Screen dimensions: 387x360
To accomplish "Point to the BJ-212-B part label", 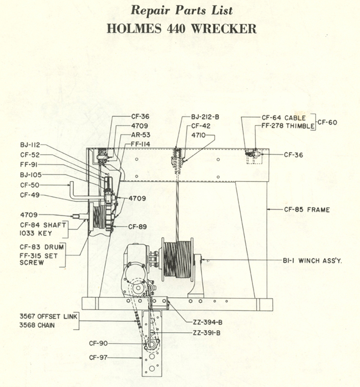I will (205, 118).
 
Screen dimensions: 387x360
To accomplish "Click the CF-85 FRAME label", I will (307, 209).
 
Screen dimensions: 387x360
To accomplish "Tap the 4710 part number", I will (198, 136).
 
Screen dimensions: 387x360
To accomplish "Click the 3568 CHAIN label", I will (37, 325).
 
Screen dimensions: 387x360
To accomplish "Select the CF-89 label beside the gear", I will (137, 227).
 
